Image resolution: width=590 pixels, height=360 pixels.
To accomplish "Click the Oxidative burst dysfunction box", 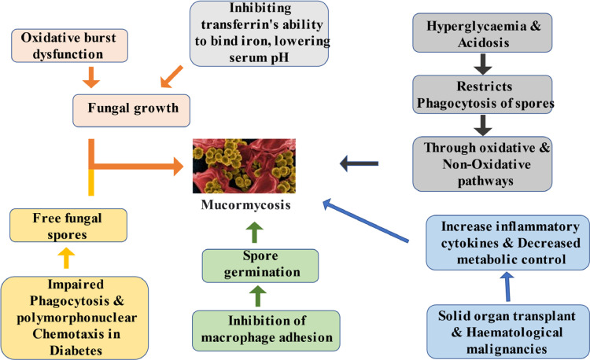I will tap(62, 45).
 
